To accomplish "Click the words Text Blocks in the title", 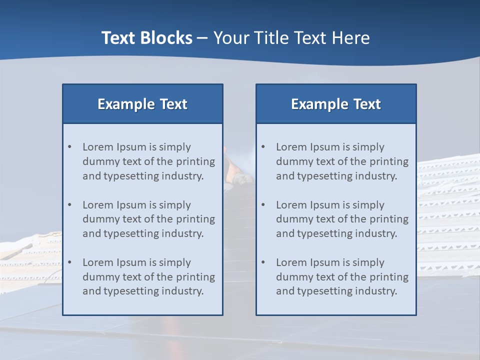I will (x=146, y=38).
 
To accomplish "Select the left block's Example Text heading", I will (x=142, y=104).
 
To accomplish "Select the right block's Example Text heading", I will (x=336, y=104).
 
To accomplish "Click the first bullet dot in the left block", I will (x=69, y=147).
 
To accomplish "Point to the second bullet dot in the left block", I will (x=69, y=205).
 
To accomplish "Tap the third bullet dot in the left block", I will (x=69, y=262).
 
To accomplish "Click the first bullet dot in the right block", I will (x=263, y=147).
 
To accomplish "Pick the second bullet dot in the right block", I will (x=263, y=205).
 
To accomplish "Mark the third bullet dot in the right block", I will (x=263, y=262).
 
